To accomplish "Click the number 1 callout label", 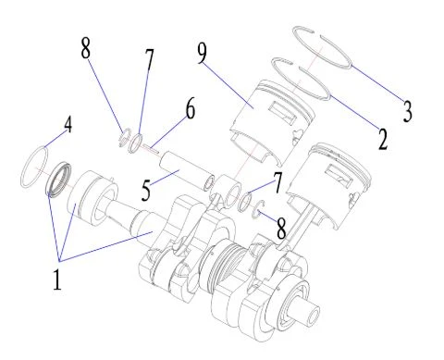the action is coord(57,279).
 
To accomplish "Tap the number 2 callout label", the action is coord(383,140).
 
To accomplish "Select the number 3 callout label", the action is coord(408,111).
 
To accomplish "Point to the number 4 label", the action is coord(68,125).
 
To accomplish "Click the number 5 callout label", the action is coord(146,191).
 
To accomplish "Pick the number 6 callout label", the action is coord(191,108).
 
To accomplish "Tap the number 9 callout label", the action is coord(202,53).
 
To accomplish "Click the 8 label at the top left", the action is coord(86,48).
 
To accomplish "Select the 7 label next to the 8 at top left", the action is coord(149,60).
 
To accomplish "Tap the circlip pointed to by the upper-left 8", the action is coord(124,137).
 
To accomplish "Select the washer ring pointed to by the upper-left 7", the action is coord(135,143).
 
